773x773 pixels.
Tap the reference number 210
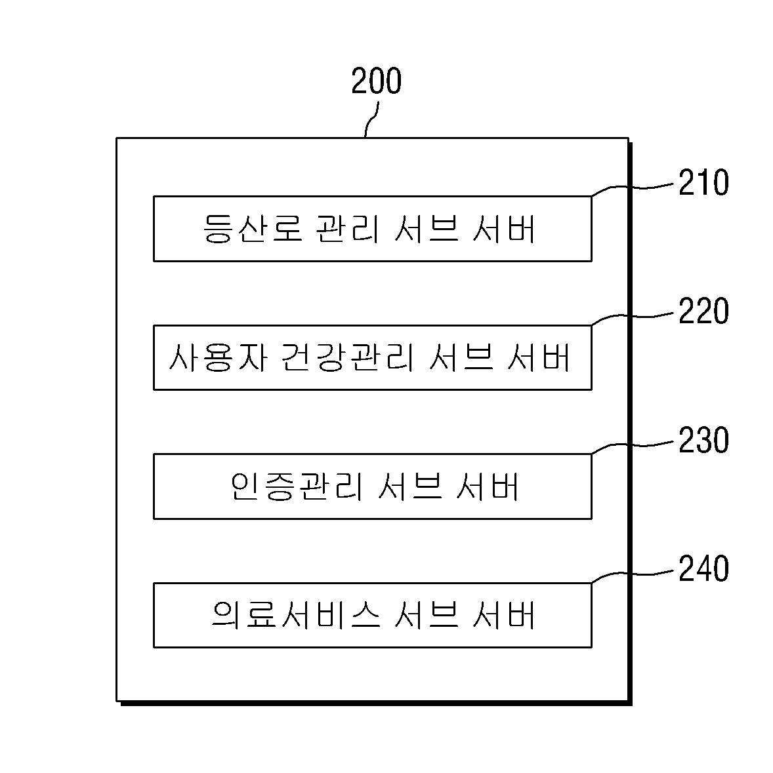[x=703, y=182]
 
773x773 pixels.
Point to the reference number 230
[x=703, y=440]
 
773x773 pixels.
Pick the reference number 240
[x=703, y=568]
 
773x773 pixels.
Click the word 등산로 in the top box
[x=253, y=228]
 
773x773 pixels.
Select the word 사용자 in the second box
[x=218, y=357]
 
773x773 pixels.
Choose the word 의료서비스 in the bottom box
[x=296, y=615]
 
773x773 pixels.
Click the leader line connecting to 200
[x=373, y=119]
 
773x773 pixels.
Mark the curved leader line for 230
[x=632, y=445]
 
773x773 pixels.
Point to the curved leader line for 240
[x=632, y=574]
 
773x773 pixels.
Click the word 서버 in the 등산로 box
[x=504, y=228]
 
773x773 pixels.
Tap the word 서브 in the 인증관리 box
[x=409, y=486]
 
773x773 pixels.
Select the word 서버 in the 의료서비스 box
[x=504, y=615]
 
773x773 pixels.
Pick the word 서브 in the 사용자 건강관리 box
[x=461, y=357]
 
